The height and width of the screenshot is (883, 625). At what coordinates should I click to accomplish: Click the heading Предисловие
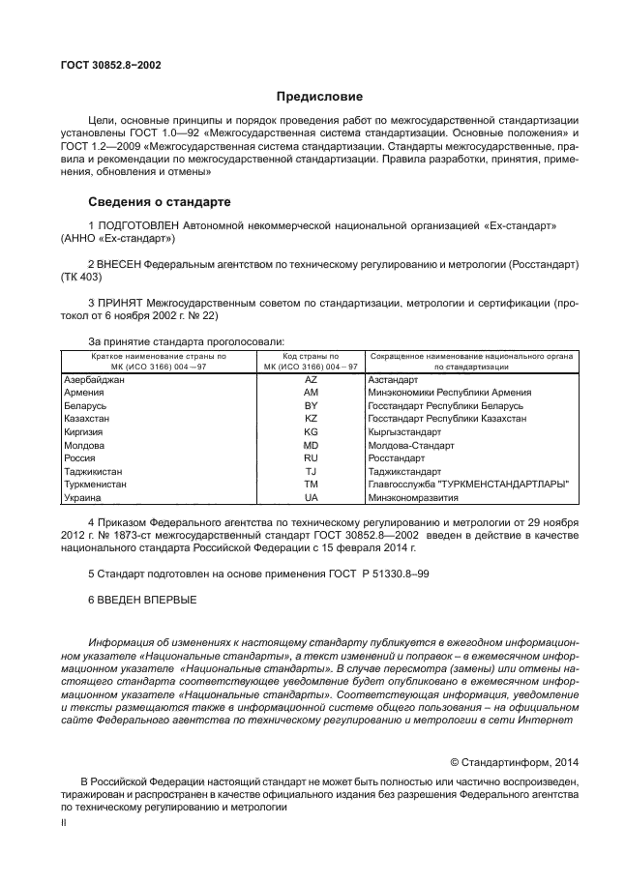[319, 97]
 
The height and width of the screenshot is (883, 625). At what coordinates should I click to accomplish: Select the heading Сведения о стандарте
[159, 203]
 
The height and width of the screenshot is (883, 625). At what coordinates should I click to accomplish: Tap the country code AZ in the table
[311, 380]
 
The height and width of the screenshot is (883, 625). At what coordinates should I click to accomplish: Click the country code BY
[311, 406]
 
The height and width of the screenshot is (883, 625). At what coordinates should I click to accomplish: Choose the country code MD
[311, 445]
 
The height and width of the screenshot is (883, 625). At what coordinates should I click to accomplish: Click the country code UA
[311, 497]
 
